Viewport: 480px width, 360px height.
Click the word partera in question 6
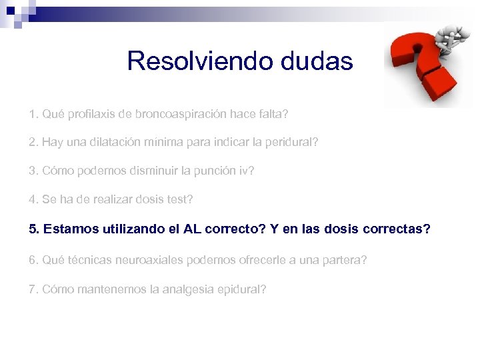[343, 259]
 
